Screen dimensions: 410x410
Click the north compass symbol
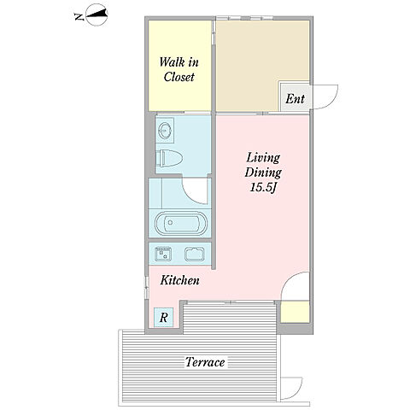[97, 15]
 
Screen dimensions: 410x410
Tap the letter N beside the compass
[79, 17]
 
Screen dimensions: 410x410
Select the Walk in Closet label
[179, 69]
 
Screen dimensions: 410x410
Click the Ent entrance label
[295, 98]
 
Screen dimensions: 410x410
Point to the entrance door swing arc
[333, 100]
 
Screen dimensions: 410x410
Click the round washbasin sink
[165, 131]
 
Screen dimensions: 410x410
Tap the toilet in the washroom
[169, 158]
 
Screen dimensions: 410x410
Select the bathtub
[181, 223]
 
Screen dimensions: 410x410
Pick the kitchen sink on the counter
[163, 254]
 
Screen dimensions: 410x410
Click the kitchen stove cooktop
[195, 254]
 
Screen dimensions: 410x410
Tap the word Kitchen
[180, 280]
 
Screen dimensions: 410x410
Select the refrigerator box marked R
[163, 317]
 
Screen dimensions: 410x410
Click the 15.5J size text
[264, 188]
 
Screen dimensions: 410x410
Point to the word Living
[263, 158]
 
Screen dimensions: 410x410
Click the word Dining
[263, 173]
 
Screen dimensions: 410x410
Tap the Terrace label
[205, 362]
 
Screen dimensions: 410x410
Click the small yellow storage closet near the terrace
[295, 312]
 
